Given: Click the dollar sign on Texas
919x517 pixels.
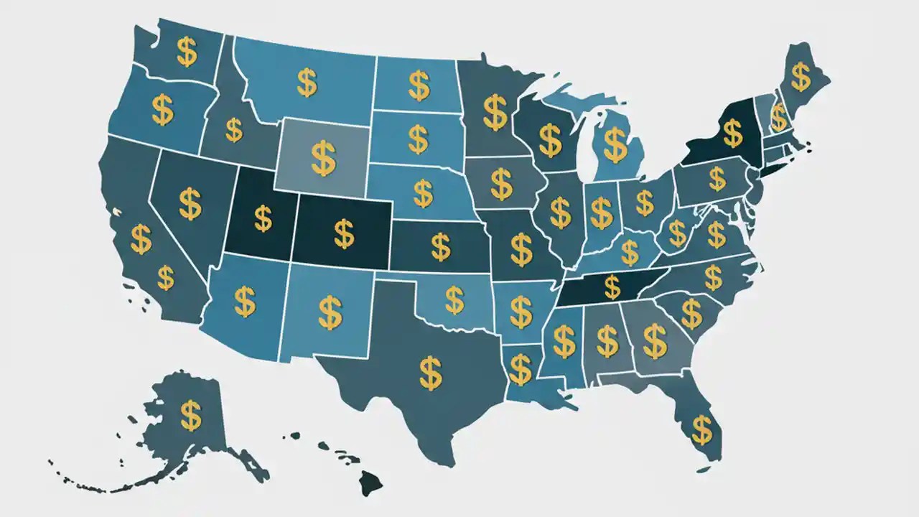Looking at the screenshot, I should pos(430,373).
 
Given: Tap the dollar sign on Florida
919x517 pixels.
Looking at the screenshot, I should pos(701,429).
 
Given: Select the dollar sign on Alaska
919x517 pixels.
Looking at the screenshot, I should pos(190,415).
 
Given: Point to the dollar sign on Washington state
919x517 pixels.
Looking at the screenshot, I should pos(187,52).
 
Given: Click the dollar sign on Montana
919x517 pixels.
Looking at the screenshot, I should pos(307,83).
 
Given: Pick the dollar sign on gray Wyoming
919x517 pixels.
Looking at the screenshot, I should pos(323,159).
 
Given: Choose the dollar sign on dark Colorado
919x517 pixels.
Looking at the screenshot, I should pos(344,233).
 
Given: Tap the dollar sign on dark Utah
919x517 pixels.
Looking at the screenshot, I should pos(263,218).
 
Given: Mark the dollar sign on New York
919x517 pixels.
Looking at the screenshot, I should pos(732,133).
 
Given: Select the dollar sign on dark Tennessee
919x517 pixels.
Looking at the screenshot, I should pos(612,287).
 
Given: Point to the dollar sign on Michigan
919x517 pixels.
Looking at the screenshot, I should pos(615,144).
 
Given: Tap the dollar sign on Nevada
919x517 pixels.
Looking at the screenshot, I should pos(190,203).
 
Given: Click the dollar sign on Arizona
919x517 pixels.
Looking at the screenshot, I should pos(245,302).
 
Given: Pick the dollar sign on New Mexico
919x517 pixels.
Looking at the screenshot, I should pos(330,312).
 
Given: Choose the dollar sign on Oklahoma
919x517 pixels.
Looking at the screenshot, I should pos(454,300).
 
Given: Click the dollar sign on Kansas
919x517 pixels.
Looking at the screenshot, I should pos(440,247).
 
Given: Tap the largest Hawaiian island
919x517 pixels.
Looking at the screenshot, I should pos(370,483).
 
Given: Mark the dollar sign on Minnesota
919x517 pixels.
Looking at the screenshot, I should pos(495,112).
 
